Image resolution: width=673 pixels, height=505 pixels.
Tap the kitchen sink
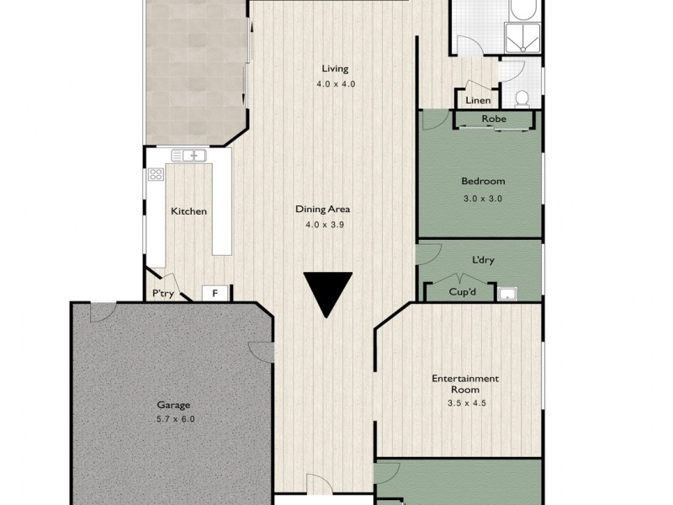coord(189,156)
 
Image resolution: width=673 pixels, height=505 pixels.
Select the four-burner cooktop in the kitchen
coord(156,175)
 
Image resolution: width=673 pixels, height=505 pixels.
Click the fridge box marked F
coord(215,294)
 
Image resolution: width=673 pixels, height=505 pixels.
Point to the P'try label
coord(162,294)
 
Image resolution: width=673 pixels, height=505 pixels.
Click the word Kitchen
coord(188,211)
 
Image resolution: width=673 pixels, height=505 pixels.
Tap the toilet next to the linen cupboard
coord(522,98)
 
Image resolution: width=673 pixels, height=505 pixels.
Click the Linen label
coord(478,101)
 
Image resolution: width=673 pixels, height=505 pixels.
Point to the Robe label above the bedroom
coord(494,120)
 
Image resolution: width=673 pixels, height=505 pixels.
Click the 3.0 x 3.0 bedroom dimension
coord(482,199)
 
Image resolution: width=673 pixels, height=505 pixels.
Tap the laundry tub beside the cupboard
coord(506,293)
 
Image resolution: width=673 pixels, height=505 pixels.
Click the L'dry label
coord(483,260)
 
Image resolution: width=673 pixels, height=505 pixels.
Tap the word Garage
coord(172,405)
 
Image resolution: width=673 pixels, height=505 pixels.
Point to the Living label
coord(334,69)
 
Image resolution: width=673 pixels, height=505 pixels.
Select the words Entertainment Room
coord(465,384)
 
